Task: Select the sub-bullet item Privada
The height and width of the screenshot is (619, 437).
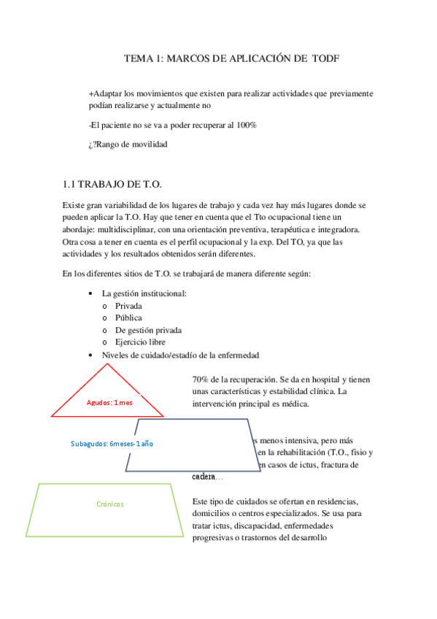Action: pyautogui.click(x=129, y=306)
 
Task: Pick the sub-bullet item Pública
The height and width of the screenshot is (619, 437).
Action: pyautogui.click(x=128, y=318)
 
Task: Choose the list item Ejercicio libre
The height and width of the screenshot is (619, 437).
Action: pyautogui.click(x=140, y=342)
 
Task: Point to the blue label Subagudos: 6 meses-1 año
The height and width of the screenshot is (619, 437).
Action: pyautogui.click(x=112, y=443)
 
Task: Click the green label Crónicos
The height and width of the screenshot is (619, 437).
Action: pyautogui.click(x=110, y=504)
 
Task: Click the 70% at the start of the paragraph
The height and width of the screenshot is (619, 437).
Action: pyautogui.click(x=201, y=380)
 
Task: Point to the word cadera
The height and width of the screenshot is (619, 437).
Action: pyautogui.click(x=204, y=476)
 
